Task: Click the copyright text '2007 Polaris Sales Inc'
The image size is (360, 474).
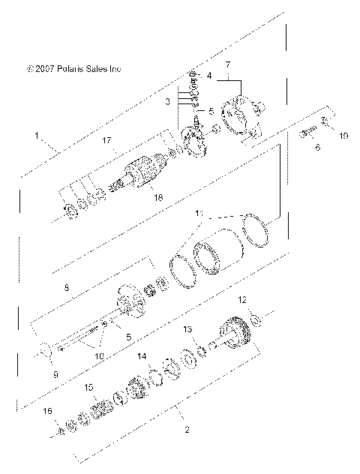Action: (73, 68)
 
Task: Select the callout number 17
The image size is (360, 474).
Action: (107, 139)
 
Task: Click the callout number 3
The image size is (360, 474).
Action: (169, 100)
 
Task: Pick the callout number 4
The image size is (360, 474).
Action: (209, 75)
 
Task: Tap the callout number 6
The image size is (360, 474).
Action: (317, 148)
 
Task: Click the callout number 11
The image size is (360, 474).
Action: (199, 214)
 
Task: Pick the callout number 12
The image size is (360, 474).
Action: (242, 300)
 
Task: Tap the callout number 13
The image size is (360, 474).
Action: (188, 329)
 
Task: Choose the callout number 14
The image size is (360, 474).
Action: (142, 358)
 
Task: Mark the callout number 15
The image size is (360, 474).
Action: (88, 388)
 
